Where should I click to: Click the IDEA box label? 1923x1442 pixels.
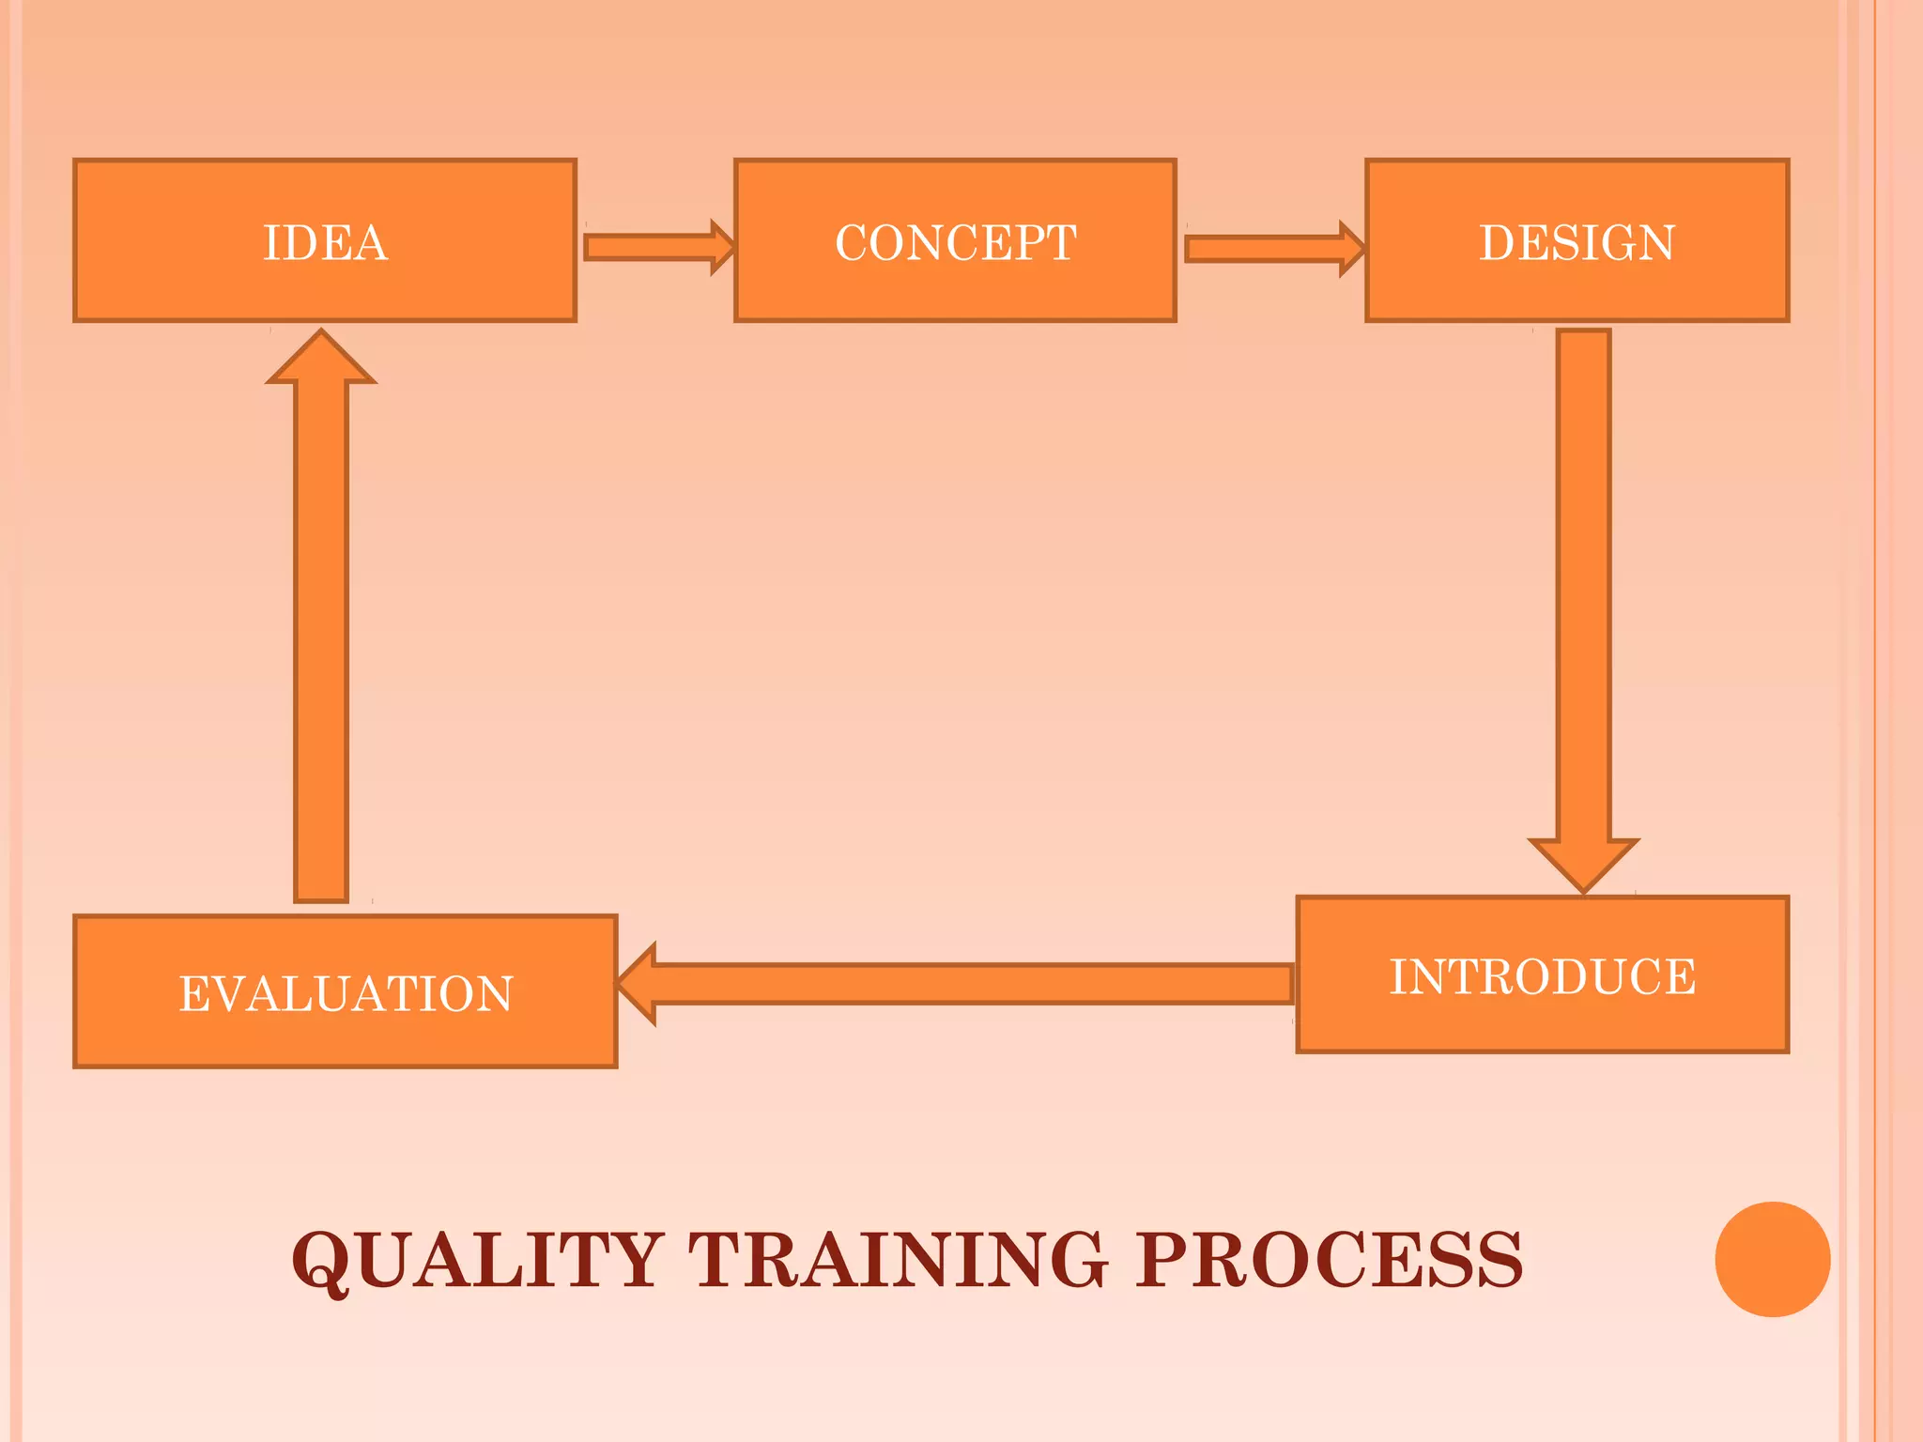[x=325, y=243]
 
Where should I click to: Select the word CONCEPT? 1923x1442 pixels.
[x=955, y=243]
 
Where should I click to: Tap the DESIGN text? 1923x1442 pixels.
[x=1577, y=243]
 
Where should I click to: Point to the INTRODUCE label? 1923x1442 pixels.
[x=1543, y=977]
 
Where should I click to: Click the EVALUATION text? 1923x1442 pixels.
[x=346, y=994]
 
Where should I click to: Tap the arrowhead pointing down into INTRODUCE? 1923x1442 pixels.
[x=1583, y=862]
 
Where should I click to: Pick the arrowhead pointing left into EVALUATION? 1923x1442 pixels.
[x=638, y=984]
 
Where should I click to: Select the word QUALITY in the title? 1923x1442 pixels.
[x=477, y=1260]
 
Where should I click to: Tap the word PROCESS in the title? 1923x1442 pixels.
[x=1329, y=1260]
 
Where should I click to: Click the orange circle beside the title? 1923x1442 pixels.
[x=1772, y=1259]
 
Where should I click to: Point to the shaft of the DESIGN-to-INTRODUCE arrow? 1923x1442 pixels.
[x=1583, y=582]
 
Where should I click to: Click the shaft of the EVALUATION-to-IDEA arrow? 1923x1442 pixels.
[x=321, y=638]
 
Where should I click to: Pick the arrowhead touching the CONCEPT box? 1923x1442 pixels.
[x=723, y=248]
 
